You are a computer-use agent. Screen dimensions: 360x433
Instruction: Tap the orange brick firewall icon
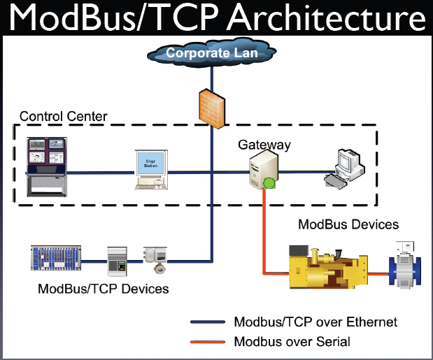(208, 105)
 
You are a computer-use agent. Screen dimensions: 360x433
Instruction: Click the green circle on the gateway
(268, 185)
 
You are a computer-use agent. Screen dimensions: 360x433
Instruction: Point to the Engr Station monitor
(152, 168)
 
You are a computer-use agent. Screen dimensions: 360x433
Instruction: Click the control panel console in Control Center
(46, 166)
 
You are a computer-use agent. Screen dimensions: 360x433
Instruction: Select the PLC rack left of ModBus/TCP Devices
(56, 257)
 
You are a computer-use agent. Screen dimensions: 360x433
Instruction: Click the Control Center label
(64, 116)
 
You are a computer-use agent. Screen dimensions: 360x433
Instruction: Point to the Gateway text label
(264, 145)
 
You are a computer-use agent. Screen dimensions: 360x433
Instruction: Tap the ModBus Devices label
(348, 224)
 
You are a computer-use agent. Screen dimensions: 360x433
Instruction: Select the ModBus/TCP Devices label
(104, 288)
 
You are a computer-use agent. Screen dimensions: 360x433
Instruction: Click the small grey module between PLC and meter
(116, 259)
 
